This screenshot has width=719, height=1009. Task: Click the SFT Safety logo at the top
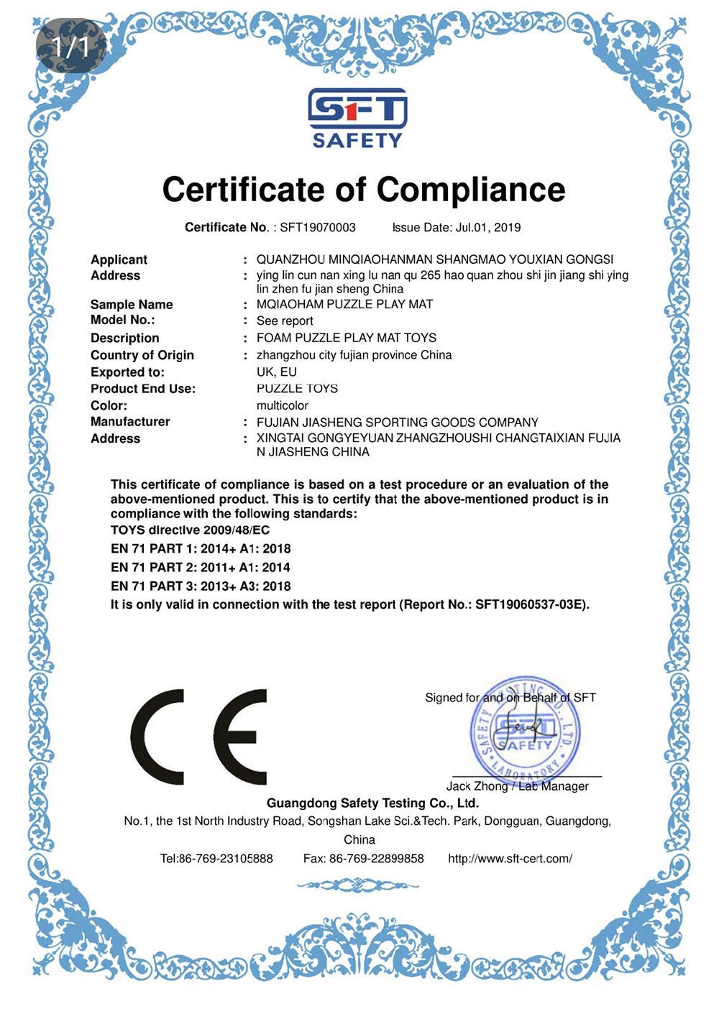tap(357, 118)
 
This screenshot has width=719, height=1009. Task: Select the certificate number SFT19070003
tap(317, 228)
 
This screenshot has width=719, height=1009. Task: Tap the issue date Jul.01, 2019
tap(487, 228)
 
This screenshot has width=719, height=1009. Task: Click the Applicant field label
tap(119, 259)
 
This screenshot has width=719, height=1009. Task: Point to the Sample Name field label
tap(132, 305)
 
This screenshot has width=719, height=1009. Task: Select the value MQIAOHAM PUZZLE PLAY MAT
tap(344, 305)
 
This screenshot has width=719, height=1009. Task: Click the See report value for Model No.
tap(285, 321)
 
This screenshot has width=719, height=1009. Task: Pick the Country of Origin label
tap(142, 355)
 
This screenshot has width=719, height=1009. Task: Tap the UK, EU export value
tap(277, 372)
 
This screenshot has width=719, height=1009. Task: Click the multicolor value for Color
tap(283, 405)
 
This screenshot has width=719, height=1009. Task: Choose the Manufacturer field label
tap(130, 422)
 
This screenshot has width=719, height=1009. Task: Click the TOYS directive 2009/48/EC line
tap(191, 530)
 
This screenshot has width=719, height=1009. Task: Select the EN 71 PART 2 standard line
tap(201, 568)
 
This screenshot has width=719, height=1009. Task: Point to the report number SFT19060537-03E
tap(530, 605)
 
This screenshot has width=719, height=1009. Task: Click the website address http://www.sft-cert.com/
tap(510, 859)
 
